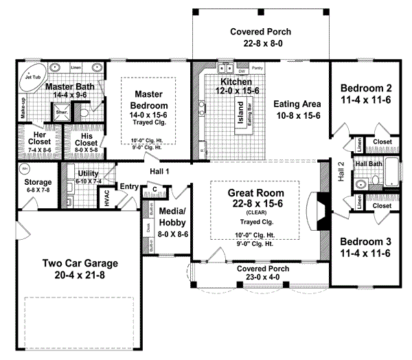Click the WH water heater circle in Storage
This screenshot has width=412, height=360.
pos(25,168)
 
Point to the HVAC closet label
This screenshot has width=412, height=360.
pos(106,196)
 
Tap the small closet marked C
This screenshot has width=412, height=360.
pos(155,190)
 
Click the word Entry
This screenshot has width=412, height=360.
pos(128,186)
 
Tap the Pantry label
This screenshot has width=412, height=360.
pos(257,69)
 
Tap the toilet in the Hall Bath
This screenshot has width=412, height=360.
pos(361,183)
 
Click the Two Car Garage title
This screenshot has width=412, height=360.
pos(81,263)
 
